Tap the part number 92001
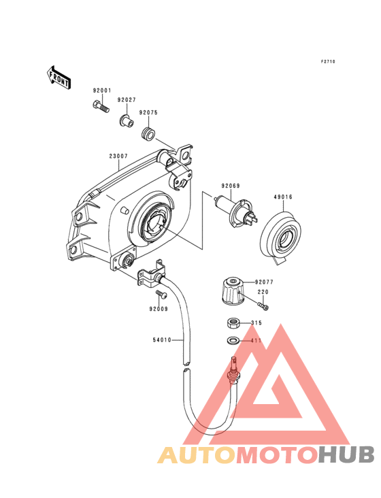point(102,90)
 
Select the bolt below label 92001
point(101,106)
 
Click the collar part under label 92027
point(126,120)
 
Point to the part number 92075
point(148,112)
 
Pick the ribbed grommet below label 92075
point(148,133)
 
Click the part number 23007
point(118,156)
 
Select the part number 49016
point(283,197)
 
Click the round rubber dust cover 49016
point(280,236)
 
